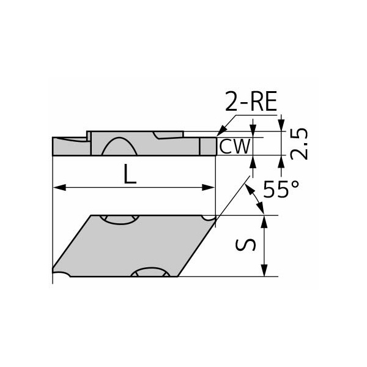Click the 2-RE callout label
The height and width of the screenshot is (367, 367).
coord(251,102)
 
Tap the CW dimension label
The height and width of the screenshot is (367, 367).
coord(235,147)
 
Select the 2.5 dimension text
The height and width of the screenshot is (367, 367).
coord(299,144)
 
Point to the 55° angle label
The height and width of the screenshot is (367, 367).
coord(281,189)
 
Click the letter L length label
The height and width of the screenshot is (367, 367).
coord(130,174)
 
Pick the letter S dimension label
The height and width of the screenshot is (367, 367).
coord(245,245)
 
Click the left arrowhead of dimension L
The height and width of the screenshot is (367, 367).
coord(60,188)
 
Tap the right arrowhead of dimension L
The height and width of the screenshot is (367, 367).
coord(208,188)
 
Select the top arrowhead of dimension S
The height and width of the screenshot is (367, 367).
coord(264,222)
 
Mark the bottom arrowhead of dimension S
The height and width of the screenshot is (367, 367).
coord(264,270)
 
